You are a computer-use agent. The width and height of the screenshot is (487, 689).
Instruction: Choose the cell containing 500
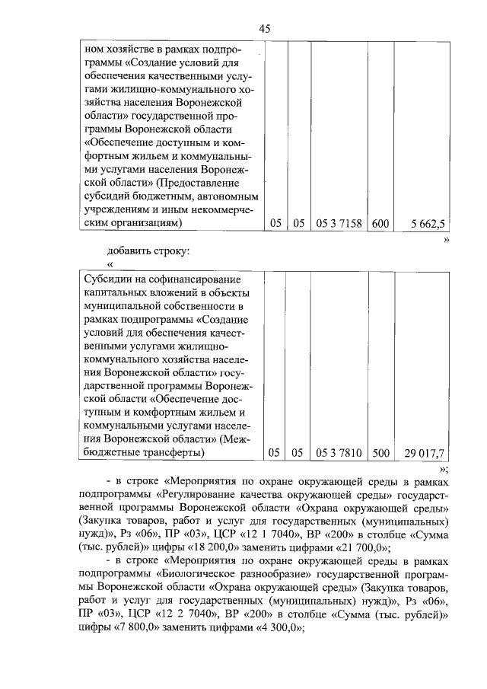coord(380,454)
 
